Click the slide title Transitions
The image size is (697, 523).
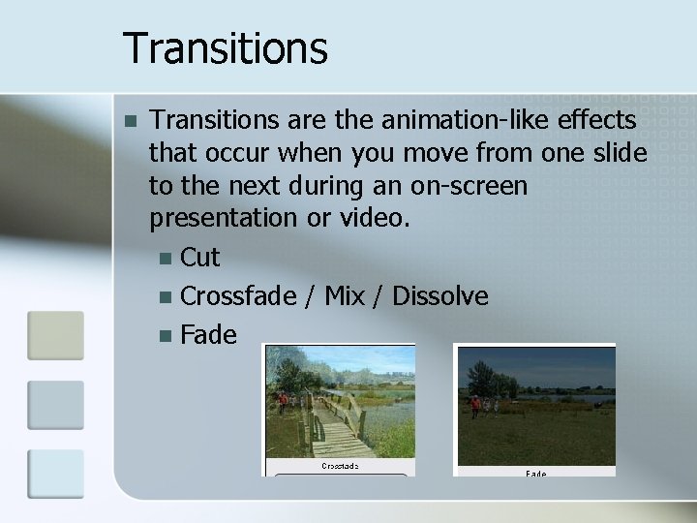pos(226,47)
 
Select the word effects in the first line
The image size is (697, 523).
pos(591,120)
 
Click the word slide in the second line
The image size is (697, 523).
pos(621,153)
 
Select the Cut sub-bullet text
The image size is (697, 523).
pos(200,258)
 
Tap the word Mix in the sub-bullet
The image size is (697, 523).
pos(345,295)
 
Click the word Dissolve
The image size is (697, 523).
pos(439,295)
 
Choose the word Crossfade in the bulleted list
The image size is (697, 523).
pos(238,295)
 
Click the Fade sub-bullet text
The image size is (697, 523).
pos(208,335)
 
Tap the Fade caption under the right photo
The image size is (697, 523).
pos(535,474)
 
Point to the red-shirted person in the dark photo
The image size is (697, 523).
pos(475,405)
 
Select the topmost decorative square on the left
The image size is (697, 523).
pos(55,335)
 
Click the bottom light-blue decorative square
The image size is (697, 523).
pos(55,473)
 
